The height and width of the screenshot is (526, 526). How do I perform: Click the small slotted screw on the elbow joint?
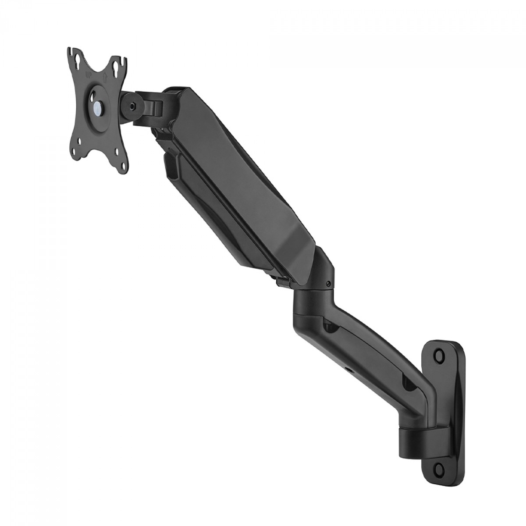[x=328, y=285]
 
